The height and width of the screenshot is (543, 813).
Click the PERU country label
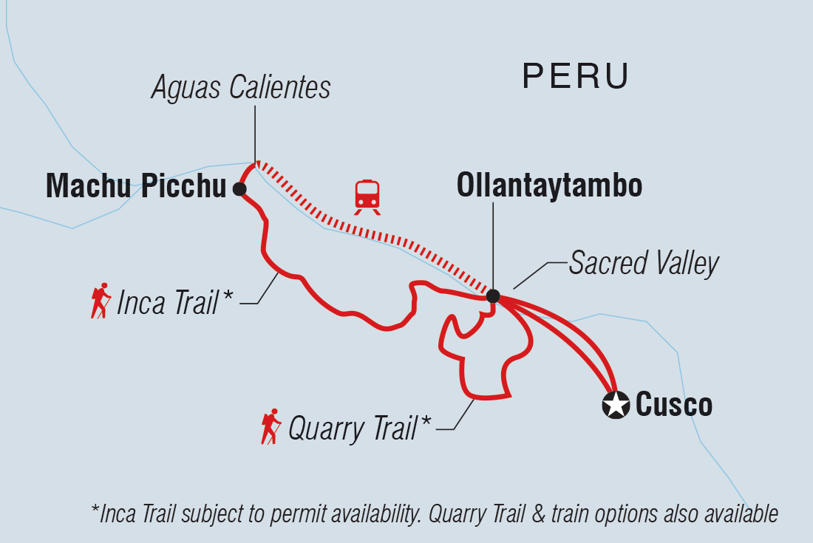tap(576, 76)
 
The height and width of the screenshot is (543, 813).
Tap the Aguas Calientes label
tap(241, 88)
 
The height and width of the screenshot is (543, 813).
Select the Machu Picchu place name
tap(135, 188)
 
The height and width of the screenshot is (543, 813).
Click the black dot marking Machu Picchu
tap(239, 189)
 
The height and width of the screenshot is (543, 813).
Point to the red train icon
tap(367, 197)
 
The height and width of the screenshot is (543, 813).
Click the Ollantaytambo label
tap(549, 186)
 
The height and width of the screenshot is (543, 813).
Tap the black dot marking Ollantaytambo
tap(493, 296)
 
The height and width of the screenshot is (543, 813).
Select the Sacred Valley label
tap(643, 264)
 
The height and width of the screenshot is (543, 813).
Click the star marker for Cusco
tap(615, 405)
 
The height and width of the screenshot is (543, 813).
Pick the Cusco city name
tap(674, 405)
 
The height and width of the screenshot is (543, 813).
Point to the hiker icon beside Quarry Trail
tap(271, 426)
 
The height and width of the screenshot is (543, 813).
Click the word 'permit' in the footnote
tap(291, 513)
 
